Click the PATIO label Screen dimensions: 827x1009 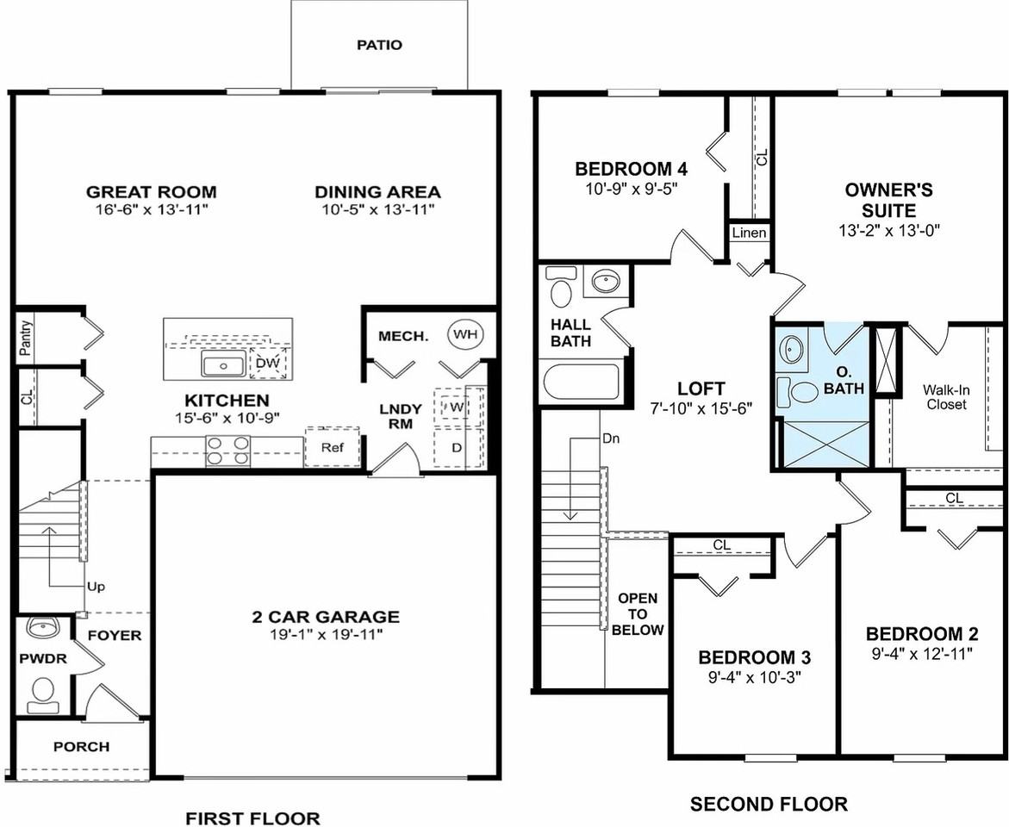[379, 45]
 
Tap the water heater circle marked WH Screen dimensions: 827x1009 [465, 333]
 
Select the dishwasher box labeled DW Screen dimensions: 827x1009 [268, 364]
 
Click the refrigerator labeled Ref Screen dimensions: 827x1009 [332, 448]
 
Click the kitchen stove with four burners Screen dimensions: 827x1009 [227, 451]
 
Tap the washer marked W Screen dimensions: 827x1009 [454, 406]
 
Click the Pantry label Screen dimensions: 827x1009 [25, 338]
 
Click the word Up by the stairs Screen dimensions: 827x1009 [96, 587]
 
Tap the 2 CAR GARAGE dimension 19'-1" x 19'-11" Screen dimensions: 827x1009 [325, 635]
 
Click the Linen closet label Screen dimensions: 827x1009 [749, 233]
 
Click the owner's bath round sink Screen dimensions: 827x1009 [792, 350]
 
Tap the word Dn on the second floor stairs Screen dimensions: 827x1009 [610, 438]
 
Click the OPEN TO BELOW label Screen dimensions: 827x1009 [638, 613]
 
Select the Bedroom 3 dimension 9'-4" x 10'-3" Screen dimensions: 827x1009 [754, 676]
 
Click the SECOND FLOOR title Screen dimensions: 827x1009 [769, 805]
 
